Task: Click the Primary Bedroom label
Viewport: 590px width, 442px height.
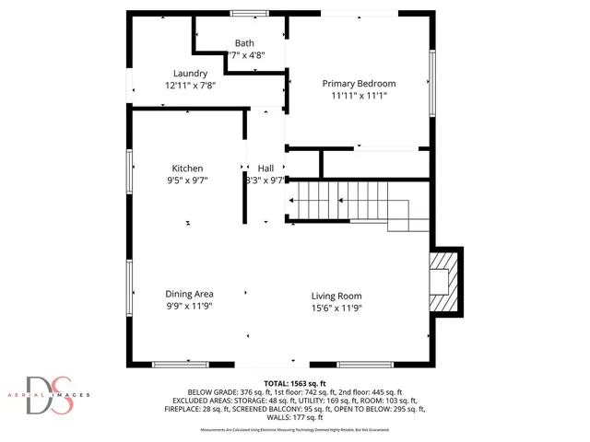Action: [x=359, y=84]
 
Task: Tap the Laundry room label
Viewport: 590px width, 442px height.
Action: [x=191, y=74]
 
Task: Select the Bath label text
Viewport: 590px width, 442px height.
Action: [x=244, y=43]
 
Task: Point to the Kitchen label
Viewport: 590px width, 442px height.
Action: [x=187, y=169]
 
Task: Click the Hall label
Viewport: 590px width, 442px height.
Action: [x=265, y=169]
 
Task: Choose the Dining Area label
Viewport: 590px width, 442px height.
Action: [x=190, y=294]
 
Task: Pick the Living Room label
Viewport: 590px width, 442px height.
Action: [x=336, y=296]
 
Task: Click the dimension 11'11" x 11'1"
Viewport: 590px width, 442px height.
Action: [x=359, y=96]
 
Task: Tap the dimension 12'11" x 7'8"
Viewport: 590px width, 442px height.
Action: [x=191, y=86]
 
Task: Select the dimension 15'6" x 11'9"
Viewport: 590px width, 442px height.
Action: [x=336, y=308]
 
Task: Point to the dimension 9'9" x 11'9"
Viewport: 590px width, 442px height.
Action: [x=190, y=306]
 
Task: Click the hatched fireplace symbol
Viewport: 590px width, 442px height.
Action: [x=443, y=282]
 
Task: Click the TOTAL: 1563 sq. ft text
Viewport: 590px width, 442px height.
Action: [x=295, y=383]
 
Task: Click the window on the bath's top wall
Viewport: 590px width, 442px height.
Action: [x=244, y=13]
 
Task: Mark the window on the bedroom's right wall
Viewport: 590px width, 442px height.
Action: [x=431, y=83]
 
